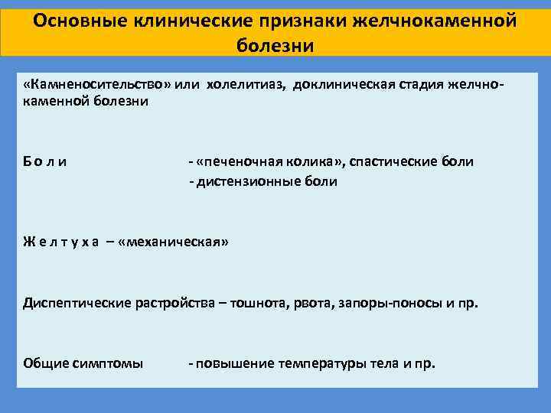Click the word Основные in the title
click(x=80, y=21)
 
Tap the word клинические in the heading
click(x=193, y=21)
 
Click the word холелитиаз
click(x=246, y=86)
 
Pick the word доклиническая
click(x=344, y=85)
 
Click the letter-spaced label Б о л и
click(x=44, y=161)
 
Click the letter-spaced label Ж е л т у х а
click(x=60, y=242)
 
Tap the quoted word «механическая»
click(x=174, y=242)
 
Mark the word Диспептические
click(x=77, y=303)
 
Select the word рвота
click(x=314, y=304)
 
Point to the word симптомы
click(x=108, y=363)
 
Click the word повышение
click(x=235, y=363)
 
